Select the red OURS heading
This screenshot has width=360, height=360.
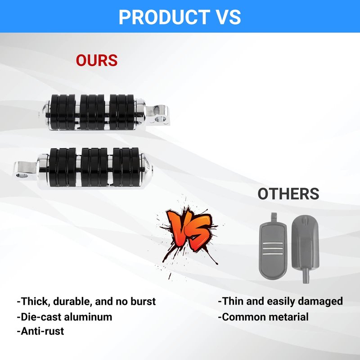[x=97, y=60]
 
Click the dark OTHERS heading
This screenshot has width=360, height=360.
[x=288, y=194]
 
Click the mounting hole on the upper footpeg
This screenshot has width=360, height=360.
[x=161, y=119]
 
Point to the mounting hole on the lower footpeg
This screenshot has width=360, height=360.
[x=22, y=175]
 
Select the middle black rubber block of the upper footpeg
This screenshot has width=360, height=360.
[x=92, y=112]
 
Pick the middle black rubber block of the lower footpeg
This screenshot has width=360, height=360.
[x=94, y=167]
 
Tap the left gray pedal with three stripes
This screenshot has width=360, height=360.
[x=273, y=248]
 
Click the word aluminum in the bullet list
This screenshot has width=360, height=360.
[x=88, y=317]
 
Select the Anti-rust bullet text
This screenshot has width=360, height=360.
[x=40, y=331]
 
